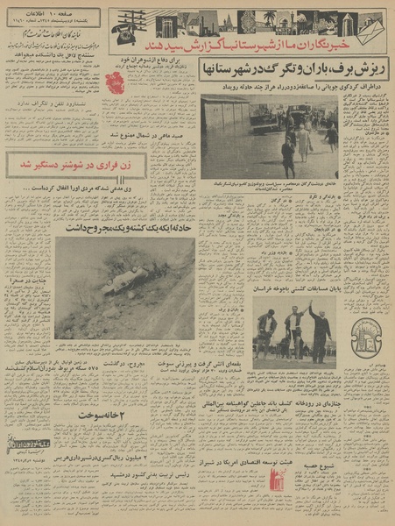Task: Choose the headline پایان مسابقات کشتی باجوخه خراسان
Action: click(x=291, y=288)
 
